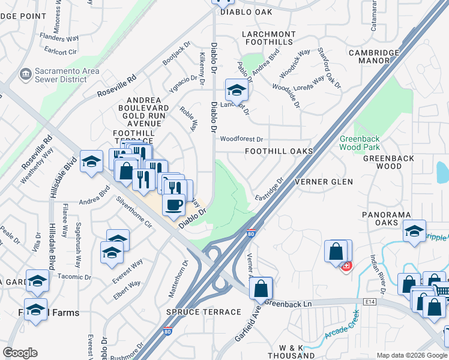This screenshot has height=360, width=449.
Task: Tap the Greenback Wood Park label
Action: tap(360, 142)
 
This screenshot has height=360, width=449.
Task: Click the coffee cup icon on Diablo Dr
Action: tap(174, 205)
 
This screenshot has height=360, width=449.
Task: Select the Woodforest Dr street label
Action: tap(241, 139)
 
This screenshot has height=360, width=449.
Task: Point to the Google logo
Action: tap(20, 353)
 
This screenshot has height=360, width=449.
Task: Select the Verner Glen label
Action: tap(324, 181)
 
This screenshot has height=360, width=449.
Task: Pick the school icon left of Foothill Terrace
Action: tap(91, 162)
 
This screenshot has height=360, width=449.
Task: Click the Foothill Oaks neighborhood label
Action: tap(279, 151)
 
